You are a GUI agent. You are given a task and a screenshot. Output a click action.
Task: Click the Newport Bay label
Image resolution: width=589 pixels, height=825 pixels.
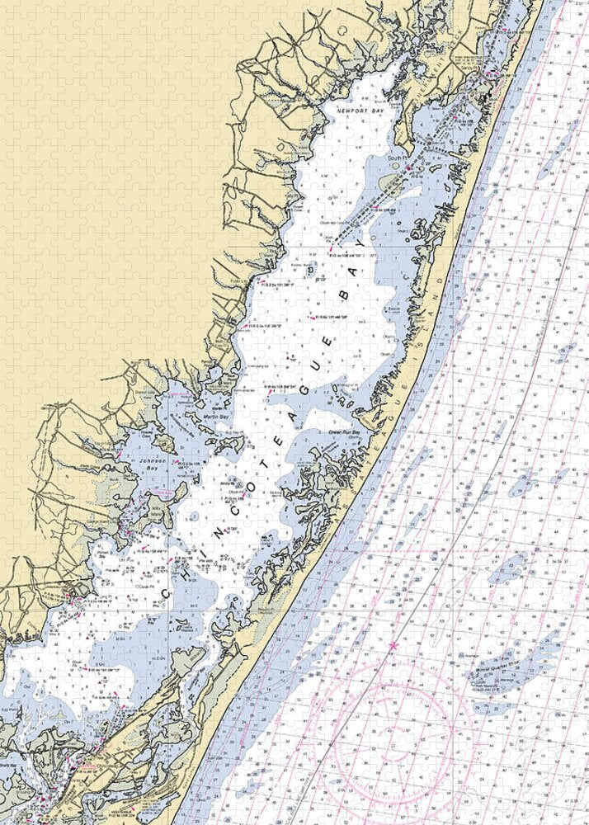tap(356, 108)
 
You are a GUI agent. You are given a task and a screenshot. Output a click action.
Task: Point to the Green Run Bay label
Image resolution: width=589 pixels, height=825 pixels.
tap(346, 431)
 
